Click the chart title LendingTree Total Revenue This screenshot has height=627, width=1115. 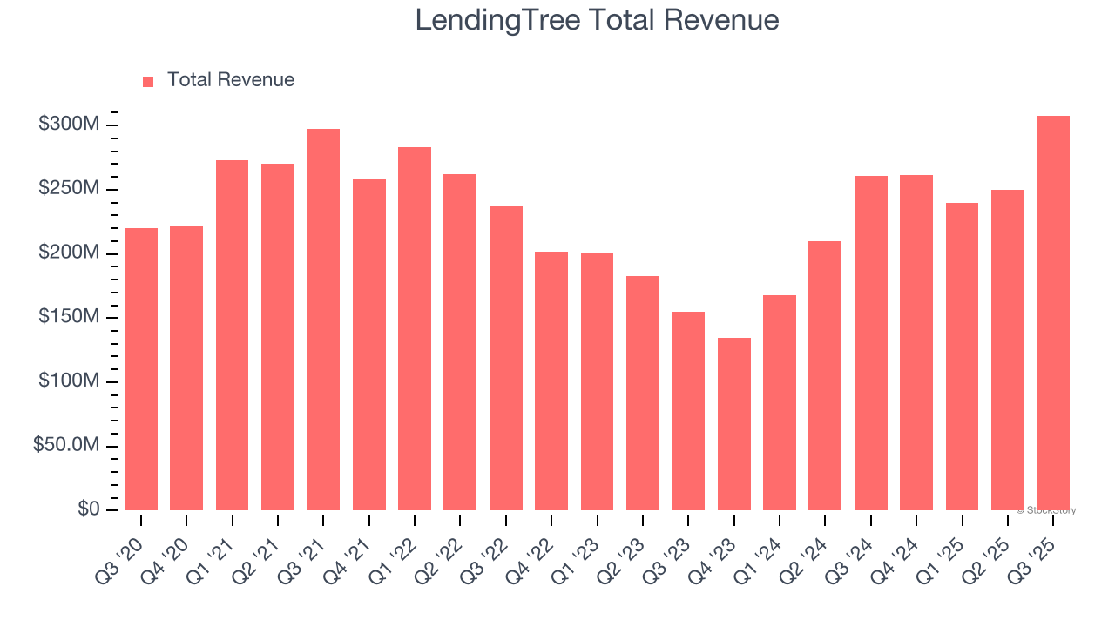[x=597, y=19]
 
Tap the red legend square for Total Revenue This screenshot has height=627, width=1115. [x=148, y=81]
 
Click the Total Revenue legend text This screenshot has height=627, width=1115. [x=231, y=80]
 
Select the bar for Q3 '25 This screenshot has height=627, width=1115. [x=1053, y=313]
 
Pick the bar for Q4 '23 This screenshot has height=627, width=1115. [x=733, y=424]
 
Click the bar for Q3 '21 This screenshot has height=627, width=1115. [x=323, y=320]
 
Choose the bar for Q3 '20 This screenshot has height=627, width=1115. [x=141, y=369]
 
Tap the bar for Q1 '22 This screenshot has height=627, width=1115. [x=415, y=329]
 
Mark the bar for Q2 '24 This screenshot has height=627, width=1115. [x=825, y=376]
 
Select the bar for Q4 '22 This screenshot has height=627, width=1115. [x=551, y=381]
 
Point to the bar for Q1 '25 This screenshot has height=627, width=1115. [x=962, y=357]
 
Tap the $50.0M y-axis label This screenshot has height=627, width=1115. [x=66, y=445]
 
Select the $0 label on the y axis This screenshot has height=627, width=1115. [x=88, y=509]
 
